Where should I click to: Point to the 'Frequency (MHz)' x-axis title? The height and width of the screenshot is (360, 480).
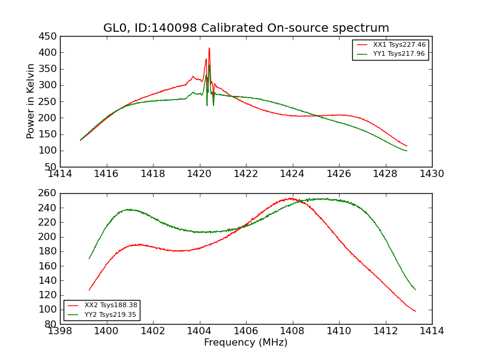[x=245, y=343]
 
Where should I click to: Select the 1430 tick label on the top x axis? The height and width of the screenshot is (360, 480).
[x=431, y=174]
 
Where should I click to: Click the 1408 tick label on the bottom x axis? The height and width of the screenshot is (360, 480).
[x=292, y=331]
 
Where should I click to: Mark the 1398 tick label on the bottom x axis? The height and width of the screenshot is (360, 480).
[x=61, y=331]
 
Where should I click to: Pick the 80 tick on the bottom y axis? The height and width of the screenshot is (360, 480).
[x=50, y=324]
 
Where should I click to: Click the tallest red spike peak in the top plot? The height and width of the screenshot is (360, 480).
[x=209, y=48]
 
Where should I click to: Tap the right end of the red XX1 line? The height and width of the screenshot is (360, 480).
[x=407, y=146]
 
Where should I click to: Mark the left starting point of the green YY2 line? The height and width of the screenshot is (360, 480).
[x=89, y=259]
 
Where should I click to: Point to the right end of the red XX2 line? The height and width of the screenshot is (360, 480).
[x=415, y=311]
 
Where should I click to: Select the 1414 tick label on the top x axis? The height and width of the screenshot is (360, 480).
[x=61, y=174]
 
